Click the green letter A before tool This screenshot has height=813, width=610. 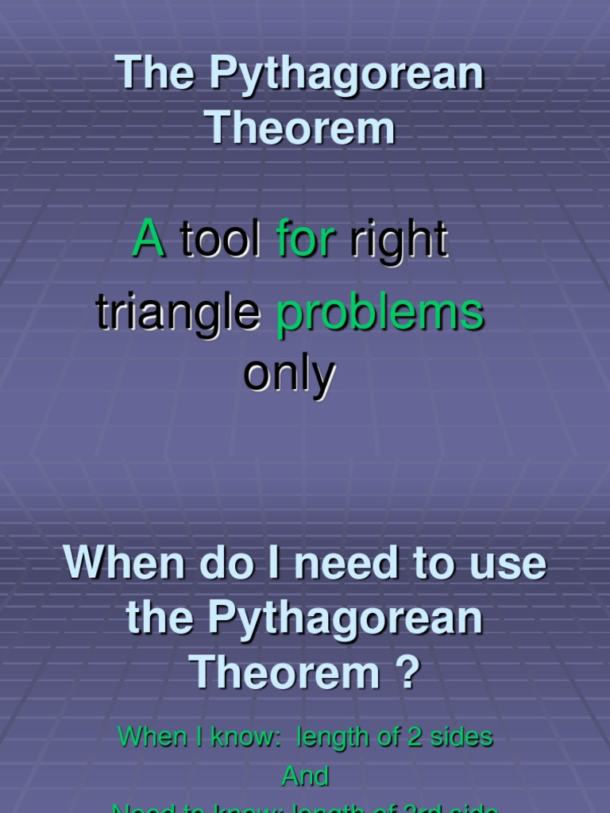click(x=149, y=237)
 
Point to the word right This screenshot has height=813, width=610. click(x=399, y=241)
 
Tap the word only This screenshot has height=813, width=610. click(x=289, y=376)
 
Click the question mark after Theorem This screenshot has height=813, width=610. click(x=407, y=673)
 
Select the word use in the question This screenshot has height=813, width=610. click(x=509, y=564)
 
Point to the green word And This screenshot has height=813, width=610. click(x=305, y=776)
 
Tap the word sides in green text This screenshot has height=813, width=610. click(x=460, y=738)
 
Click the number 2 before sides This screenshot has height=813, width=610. click(x=413, y=738)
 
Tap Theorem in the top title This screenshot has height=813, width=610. click(x=301, y=128)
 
